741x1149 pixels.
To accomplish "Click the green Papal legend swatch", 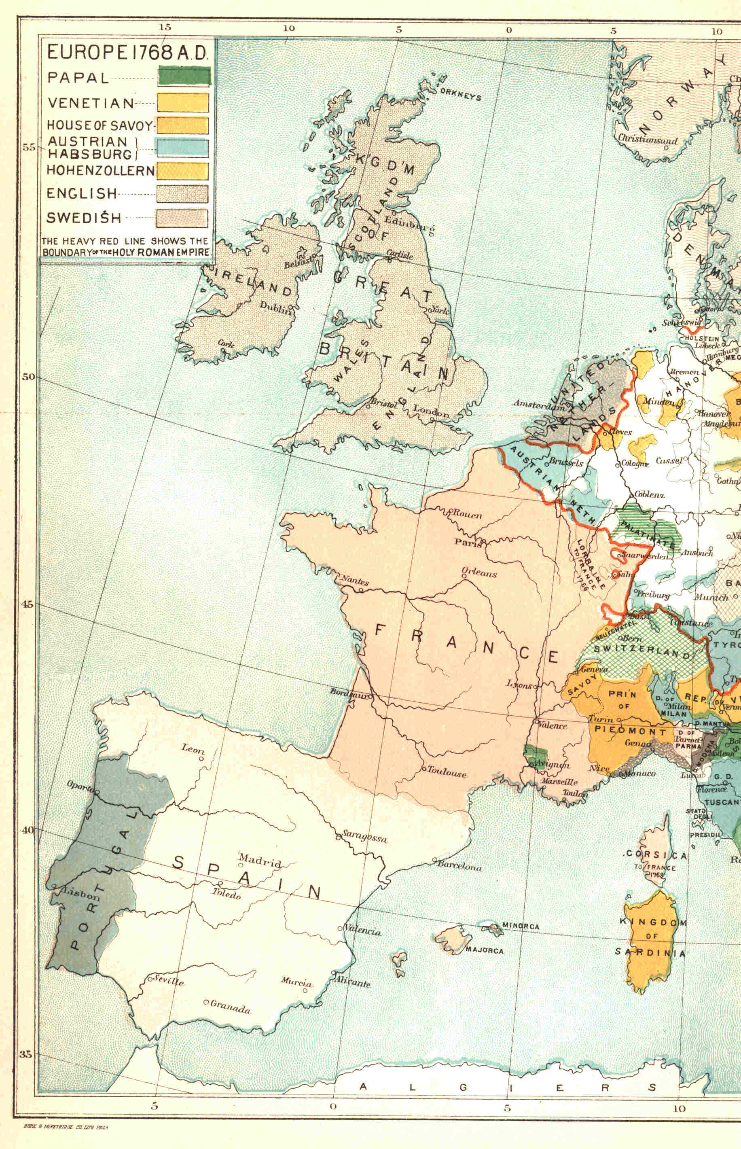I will point(183,77).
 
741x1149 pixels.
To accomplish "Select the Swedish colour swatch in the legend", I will point(182,218).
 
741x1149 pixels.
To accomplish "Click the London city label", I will point(431,411).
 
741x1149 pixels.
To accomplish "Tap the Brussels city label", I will point(566,462).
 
